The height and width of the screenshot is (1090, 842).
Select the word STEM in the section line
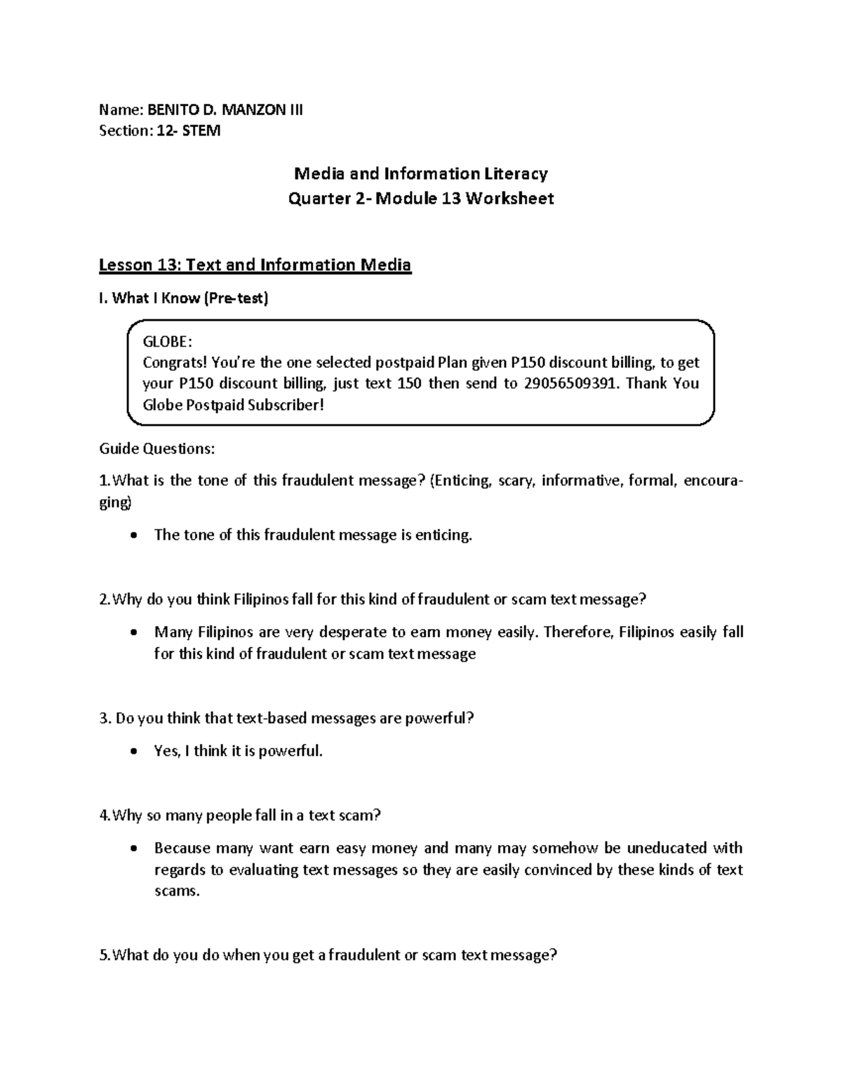coord(201,131)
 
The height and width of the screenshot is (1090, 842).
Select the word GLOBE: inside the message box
coord(166,342)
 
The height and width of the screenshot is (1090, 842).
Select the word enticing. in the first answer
coord(443,535)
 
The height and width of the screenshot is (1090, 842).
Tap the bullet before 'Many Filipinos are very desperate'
coord(134,632)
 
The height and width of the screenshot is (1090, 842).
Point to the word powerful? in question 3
coord(440,719)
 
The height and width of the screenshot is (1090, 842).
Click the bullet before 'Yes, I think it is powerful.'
coord(134,752)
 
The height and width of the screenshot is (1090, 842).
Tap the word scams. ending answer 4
coord(177,891)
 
